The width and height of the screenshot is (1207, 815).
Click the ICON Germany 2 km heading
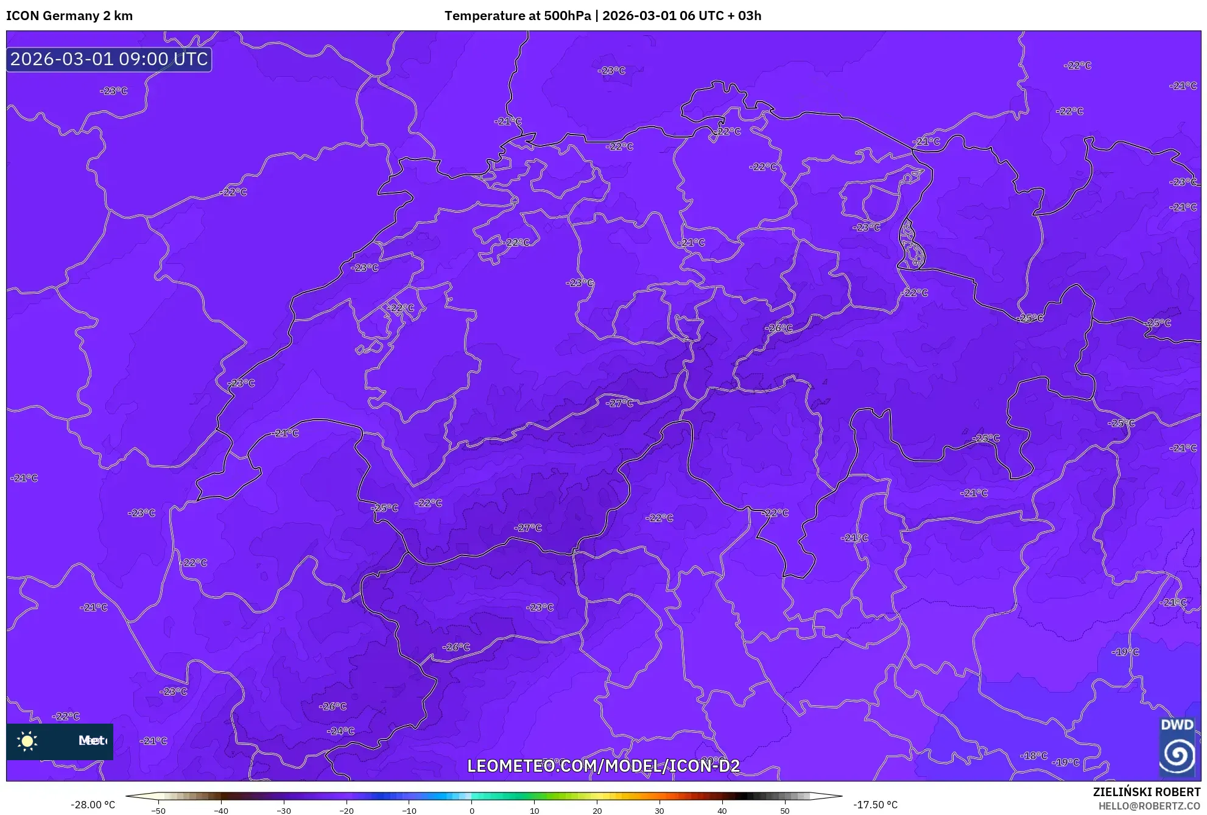click(x=69, y=16)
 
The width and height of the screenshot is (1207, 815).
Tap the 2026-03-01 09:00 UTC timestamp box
click(x=109, y=59)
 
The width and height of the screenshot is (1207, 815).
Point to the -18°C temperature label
click(x=1033, y=756)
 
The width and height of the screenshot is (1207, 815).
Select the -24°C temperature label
click(x=340, y=731)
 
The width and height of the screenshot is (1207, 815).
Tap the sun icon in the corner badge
click(x=27, y=741)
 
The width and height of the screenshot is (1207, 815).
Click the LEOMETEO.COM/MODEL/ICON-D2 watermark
click(x=603, y=766)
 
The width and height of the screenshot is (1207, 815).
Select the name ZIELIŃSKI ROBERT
click(x=1146, y=792)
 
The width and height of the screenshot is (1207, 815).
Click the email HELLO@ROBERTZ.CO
click(x=1149, y=806)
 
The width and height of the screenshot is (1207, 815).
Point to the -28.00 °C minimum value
click(x=93, y=805)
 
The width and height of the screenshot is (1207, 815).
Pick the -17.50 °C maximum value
click(x=875, y=805)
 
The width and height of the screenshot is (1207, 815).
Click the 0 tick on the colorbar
click(x=471, y=811)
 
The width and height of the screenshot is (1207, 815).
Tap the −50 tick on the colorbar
click(x=158, y=811)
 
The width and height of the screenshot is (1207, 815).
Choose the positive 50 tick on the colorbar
click(x=784, y=811)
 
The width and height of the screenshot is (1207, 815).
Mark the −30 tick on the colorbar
click(x=283, y=811)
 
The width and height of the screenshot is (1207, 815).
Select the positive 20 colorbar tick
click(x=597, y=811)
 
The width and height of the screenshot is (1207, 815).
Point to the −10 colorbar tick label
click(x=409, y=811)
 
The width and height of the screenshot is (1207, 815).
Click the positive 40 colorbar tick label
click(x=722, y=811)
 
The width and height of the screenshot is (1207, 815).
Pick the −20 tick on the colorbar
click(x=346, y=811)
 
